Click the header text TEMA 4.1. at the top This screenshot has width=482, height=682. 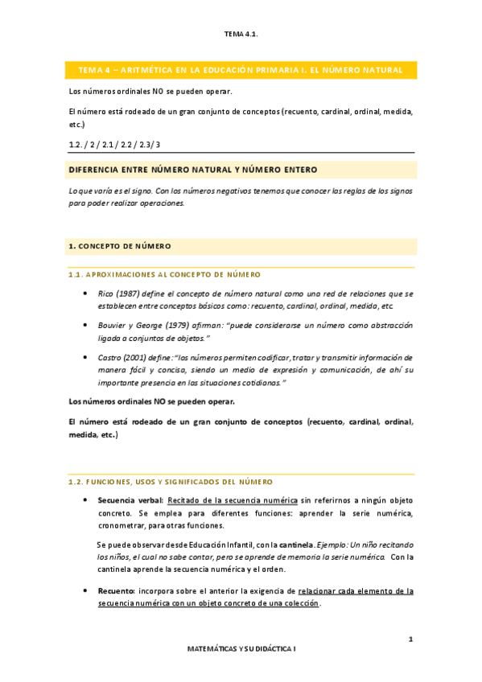click(241, 34)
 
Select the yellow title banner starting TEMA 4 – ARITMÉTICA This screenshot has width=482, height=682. click(241, 70)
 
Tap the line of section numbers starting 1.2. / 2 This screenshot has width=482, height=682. click(114, 144)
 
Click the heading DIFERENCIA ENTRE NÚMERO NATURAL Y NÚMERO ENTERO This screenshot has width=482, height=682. click(193, 170)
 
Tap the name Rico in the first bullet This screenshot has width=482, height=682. click(104, 294)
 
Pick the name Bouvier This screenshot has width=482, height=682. click(113, 325)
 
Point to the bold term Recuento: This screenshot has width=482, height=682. click(116, 590)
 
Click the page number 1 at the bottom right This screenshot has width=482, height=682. click(410, 639)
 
